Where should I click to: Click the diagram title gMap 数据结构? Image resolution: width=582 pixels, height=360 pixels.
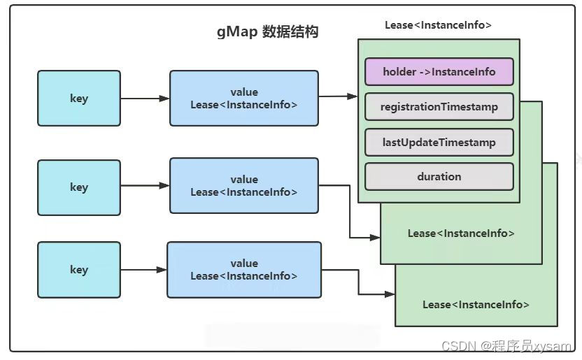click(268, 32)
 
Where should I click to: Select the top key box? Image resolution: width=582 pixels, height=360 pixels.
click(79, 98)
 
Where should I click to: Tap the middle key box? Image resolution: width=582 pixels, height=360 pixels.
click(79, 187)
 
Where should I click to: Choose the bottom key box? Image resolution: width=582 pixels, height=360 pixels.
click(79, 270)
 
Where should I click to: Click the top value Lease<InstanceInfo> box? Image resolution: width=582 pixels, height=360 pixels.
click(243, 98)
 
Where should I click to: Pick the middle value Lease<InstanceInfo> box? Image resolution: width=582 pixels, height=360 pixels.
click(243, 185)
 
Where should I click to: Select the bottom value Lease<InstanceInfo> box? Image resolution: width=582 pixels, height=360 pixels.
click(243, 270)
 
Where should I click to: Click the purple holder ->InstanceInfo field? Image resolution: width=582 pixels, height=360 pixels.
click(439, 71)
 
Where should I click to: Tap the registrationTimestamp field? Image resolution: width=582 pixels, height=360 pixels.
click(439, 107)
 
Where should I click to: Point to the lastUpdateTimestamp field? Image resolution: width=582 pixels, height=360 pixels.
click(439, 143)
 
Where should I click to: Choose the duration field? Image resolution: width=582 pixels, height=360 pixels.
click(439, 177)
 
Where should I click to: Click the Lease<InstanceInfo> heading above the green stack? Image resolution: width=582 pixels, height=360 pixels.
click(438, 25)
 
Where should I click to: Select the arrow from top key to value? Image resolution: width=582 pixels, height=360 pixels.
click(145, 98)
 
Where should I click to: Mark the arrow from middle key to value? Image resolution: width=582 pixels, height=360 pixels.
click(145, 186)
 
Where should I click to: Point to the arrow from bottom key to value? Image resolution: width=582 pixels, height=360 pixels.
click(143, 268)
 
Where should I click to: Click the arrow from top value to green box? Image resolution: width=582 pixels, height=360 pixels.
click(338, 96)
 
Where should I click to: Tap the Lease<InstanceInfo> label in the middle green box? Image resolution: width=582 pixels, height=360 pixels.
click(461, 233)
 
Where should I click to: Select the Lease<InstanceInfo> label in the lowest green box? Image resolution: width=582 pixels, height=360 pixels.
click(476, 304)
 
